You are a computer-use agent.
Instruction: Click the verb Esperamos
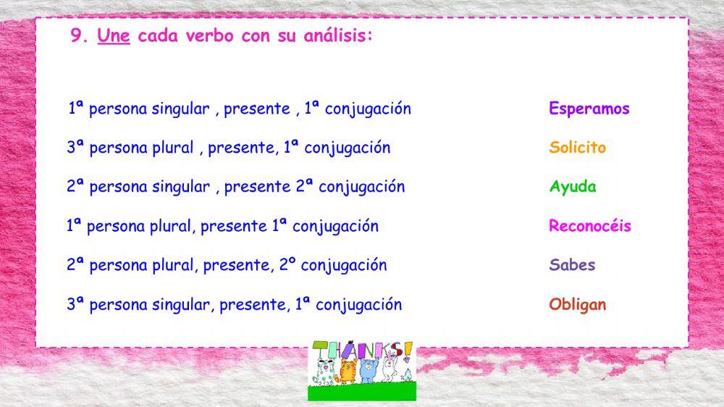coord(589,109)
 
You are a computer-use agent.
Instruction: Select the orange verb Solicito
coord(577,148)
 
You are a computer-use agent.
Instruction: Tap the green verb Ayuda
coord(572,187)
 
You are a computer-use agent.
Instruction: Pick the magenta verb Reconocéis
coord(589,226)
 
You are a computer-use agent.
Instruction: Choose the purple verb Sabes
coord(572,265)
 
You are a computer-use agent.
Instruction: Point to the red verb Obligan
coord(577,304)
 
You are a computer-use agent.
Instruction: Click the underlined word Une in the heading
coord(113,37)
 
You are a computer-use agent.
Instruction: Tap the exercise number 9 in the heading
coord(76,37)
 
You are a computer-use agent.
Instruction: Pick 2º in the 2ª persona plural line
coord(287,265)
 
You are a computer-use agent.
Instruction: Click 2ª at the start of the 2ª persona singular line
coord(75,187)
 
